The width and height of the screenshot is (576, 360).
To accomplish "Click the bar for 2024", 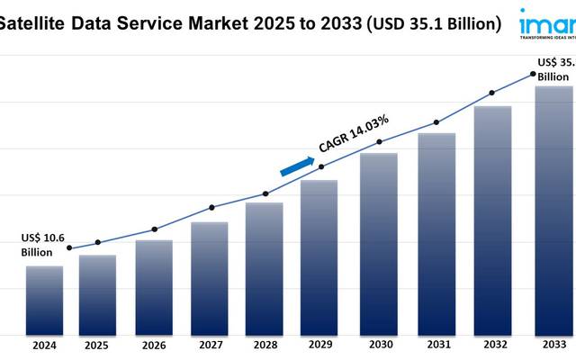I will coord(44,300).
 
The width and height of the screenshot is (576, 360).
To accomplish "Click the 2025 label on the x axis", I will coord(96,346).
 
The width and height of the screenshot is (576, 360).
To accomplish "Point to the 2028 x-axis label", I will coord(265,346).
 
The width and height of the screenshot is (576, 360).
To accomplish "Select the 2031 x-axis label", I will coord(436,346).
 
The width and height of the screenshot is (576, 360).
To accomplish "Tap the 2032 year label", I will coord(492,346).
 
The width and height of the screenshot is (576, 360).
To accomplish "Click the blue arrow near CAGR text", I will coord(297,166).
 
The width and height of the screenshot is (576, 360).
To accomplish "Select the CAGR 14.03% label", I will coord(354,134).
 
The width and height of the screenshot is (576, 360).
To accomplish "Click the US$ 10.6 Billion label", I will coord(43,245).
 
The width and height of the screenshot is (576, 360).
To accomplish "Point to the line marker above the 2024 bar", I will coord(69,248).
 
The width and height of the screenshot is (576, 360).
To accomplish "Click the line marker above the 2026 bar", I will coord(154,229).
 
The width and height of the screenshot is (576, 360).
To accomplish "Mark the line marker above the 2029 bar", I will coord(322,166).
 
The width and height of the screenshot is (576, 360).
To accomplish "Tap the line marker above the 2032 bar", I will coord(491,93).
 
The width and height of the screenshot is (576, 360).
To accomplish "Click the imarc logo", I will coord(547,22).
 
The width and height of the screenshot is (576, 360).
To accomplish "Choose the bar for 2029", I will coord(319,256).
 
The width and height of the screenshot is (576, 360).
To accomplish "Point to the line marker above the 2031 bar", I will coord(436,122).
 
